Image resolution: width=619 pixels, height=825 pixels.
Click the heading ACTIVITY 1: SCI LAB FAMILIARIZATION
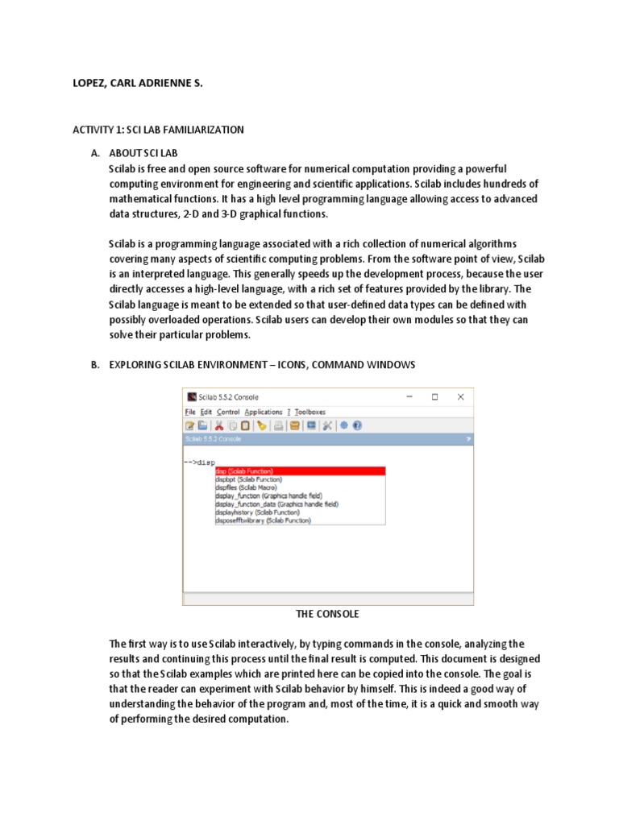point(158,129)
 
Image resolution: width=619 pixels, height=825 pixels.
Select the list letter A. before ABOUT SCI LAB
point(95,152)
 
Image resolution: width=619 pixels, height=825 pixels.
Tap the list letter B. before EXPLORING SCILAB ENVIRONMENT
point(95,365)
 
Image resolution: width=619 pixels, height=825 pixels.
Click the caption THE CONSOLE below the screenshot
point(327,614)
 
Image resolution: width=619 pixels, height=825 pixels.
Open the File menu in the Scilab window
point(190,412)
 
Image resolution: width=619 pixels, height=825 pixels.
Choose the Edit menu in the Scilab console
point(206,412)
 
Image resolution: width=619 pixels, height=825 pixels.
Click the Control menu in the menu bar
point(228,412)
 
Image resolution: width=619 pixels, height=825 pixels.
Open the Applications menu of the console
point(264,412)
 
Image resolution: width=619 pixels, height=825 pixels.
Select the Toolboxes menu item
point(310,412)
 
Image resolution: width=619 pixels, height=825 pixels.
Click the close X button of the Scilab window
point(460,396)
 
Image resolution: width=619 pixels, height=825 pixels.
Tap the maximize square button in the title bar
point(434,396)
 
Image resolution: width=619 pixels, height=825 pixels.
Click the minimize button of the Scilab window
point(409,396)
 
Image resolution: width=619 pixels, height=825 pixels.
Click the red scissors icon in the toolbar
point(218,425)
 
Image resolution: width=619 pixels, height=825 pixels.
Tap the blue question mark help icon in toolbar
point(357,425)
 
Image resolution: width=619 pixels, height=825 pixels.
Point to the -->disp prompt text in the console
point(199,462)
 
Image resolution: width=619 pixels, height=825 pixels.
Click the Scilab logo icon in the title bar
point(191,396)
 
